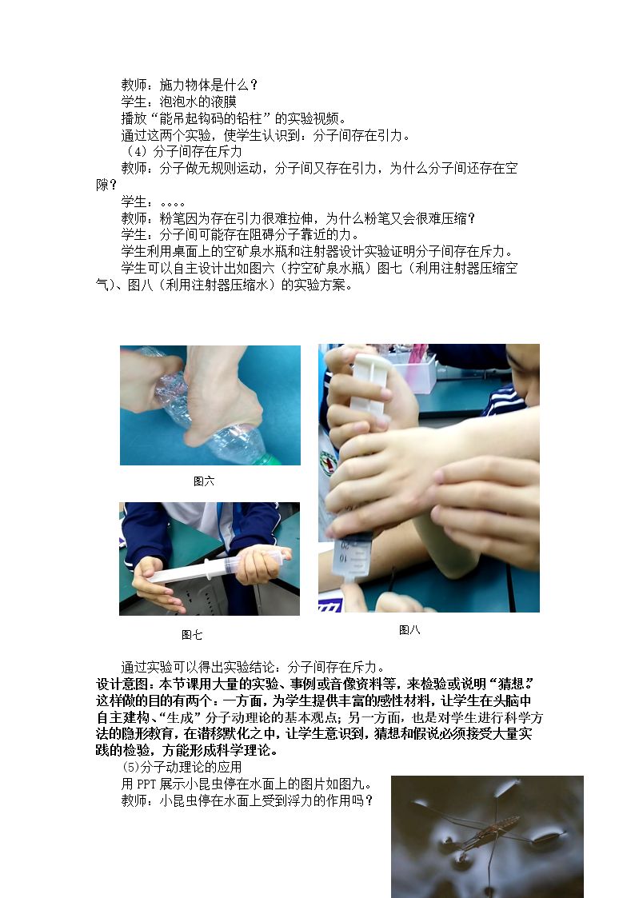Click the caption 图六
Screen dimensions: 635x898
pos(204,481)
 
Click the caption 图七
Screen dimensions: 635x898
pos(192,635)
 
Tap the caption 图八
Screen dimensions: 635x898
pos(409,630)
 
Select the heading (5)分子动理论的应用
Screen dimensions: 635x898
pos(182,767)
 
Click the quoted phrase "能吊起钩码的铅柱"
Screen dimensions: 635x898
pos(211,118)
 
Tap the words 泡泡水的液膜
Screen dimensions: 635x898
pos(198,102)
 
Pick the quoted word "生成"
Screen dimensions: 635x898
pos(177,717)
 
